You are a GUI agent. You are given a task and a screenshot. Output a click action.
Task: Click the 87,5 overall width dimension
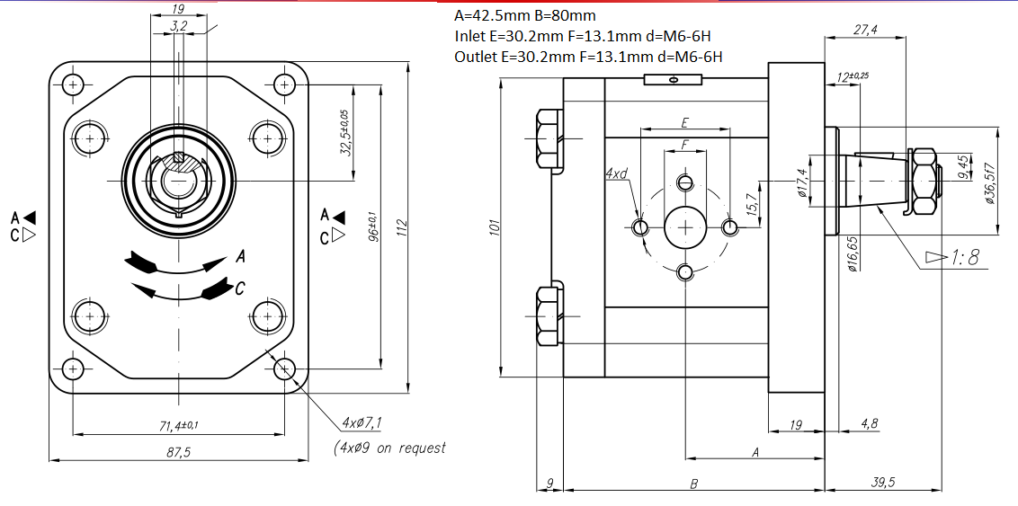coord(179,452)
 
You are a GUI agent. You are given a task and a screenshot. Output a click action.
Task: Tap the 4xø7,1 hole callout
coord(362,422)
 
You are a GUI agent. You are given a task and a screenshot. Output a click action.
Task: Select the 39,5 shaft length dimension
coord(885,482)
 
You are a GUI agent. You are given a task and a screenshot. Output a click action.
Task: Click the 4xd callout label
coord(616,173)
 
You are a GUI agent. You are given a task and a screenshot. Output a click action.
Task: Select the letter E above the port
coord(684,121)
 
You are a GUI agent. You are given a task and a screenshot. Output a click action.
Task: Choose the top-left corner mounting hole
coord(72,85)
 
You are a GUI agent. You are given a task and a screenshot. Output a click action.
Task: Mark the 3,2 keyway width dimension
coord(178,28)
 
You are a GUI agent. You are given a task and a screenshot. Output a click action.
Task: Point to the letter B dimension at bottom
coord(693,484)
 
